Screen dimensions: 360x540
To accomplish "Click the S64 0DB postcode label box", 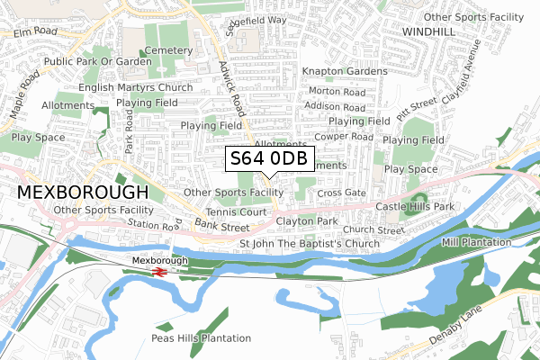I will (269, 159).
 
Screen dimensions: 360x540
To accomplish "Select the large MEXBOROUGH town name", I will (82, 193).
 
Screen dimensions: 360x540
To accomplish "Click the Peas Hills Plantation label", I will (201, 338).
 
